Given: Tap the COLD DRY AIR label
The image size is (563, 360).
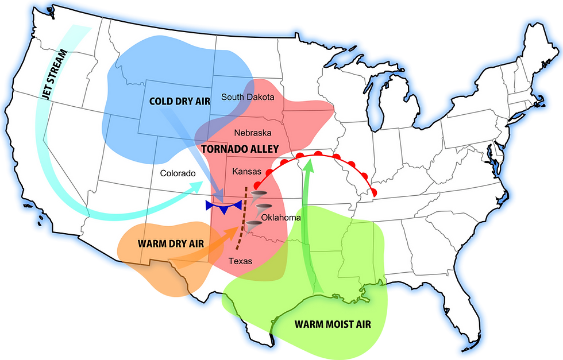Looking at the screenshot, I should pos(179,101).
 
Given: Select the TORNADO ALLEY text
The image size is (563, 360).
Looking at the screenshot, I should pos(240,149).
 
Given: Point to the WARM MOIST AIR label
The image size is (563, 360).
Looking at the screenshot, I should pos(333,324).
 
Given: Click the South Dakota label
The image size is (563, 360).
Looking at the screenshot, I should pos(248,97).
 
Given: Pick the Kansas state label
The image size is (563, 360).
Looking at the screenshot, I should pos(246,172).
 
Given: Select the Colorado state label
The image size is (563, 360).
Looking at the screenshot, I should pos(179,173).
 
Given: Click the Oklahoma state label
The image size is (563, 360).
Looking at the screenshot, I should pos(281,218).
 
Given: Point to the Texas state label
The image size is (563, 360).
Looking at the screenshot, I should pos(240,261).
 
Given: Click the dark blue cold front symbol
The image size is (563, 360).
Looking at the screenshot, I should pos(224,206).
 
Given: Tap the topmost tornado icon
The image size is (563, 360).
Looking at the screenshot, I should pos(259,195).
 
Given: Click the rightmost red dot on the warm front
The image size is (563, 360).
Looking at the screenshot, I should pos(374,191).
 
